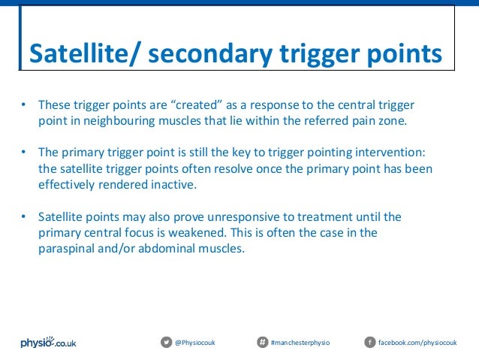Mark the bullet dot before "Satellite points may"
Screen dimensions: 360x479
pyautogui.click(x=24, y=217)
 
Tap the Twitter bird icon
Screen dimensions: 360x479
pyautogui.click(x=166, y=343)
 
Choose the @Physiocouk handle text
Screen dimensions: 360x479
pyautogui.click(x=195, y=343)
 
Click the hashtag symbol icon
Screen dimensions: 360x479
pyautogui.click(x=262, y=343)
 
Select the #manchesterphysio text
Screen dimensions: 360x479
pyautogui.click(x=300, y=343)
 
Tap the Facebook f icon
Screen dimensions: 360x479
pyautogui.click(x=369, y=343)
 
